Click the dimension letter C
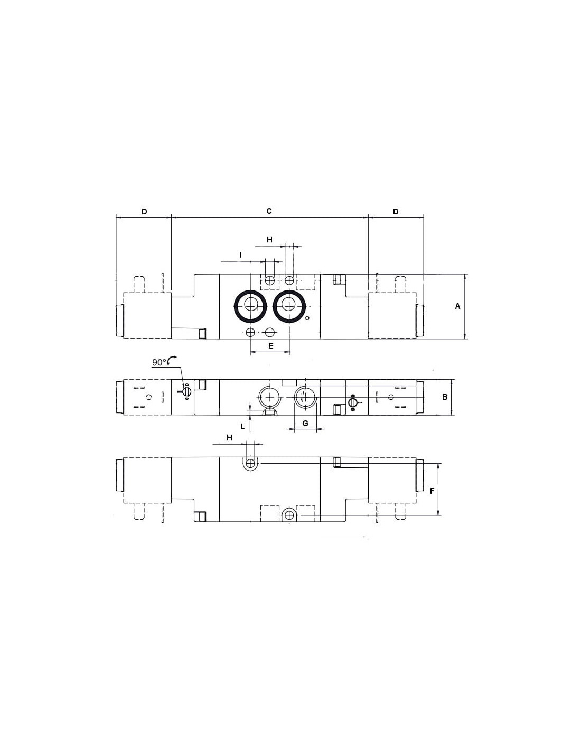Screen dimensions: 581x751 point(269,211)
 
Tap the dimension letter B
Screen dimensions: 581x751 point(445,397)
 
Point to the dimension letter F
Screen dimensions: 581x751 point(432,491)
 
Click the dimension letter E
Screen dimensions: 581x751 point(270,345)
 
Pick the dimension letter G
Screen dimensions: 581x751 point(305,424)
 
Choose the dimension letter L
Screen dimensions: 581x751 point(242,427)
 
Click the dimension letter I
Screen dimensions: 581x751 point(241,255)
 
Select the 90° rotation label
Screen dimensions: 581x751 point(159,362)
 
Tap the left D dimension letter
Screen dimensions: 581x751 point(145,211)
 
